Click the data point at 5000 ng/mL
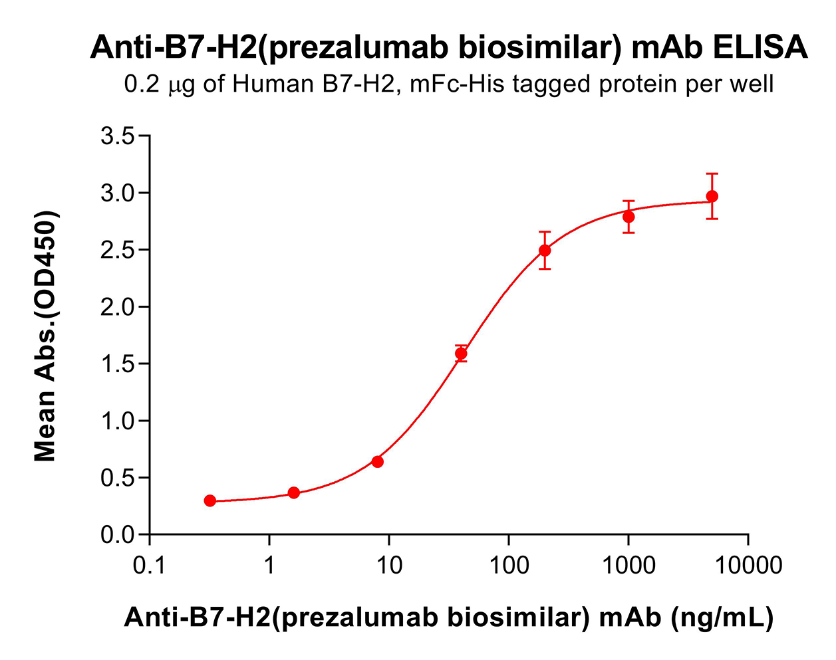tap(712, 196)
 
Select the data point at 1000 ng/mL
tap(628, 217)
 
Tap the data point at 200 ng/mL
tap(545, 251)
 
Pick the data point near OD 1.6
tap(461, 354)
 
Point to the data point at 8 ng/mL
tap(377, 461)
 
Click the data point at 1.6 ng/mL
tap(294, 493)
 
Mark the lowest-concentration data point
tap(210, 500)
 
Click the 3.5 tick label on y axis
tap(116, 137)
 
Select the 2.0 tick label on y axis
tap(116, 308)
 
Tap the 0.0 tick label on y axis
tap(116, 535)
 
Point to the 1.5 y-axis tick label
tap(116, 364)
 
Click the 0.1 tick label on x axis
tap(150, 566)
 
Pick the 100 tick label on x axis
tap(509, 566)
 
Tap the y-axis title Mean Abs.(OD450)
tap(45, 336)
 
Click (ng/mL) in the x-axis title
tap(722, 617)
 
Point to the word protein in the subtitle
tap(634, 84)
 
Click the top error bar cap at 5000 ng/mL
tap(712, 173)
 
